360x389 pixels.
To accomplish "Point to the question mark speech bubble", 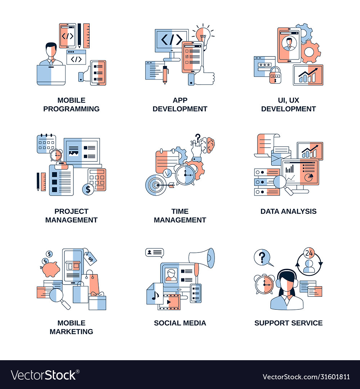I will pyautogui.click(x=262, y=258).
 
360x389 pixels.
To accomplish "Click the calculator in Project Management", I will pyautogui.click(x=97, y=179).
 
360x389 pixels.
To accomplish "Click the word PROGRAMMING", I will pyautogui.click(x=71, y=109).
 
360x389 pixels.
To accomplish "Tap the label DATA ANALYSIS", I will pyautogui.click(x=288, y=211).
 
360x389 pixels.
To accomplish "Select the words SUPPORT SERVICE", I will pyautogui.click(x=288, y=323).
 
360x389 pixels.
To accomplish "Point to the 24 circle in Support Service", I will pyautogui.click(x=309, y=253).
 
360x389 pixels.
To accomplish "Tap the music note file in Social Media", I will pyautogui.click(x=155, y=295).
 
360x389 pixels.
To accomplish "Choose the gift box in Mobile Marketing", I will pyautogui.click(x=98, y=302).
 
